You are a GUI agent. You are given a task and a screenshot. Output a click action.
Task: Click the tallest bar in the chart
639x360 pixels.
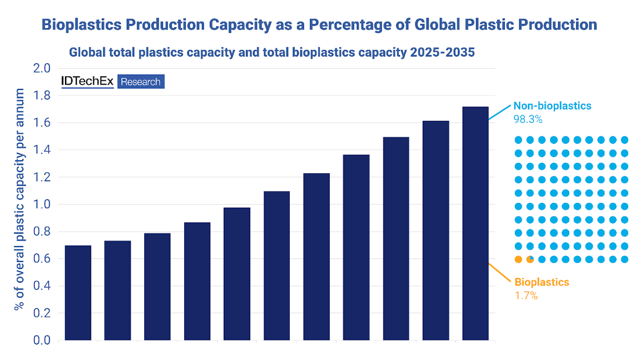(475, 223)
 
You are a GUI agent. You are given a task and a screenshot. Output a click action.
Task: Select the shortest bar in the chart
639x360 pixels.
(78, 292)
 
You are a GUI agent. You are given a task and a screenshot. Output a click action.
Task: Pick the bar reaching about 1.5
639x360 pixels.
(396, 238)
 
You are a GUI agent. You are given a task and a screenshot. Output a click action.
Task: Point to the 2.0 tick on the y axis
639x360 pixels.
(42, 69)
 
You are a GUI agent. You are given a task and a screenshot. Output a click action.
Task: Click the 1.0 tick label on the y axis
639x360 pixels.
(42, 204)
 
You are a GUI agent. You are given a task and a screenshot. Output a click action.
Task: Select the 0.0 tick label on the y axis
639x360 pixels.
(42, 340)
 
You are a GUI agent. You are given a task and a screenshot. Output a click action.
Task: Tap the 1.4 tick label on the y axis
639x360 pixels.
(42, 150)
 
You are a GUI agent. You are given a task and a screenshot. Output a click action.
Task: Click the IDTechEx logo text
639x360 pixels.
(88, 81)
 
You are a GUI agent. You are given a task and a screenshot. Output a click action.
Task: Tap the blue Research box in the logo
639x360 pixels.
(141, 81)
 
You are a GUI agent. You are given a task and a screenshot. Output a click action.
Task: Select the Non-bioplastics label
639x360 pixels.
(552, 106)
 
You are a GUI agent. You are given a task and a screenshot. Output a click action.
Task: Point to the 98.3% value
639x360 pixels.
(528, 120)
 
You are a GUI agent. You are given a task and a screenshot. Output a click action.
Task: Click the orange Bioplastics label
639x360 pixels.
(542, 282)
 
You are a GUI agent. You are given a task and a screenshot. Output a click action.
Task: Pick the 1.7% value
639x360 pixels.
(526, 296)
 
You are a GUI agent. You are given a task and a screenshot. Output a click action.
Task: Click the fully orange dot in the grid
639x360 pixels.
(518, 259)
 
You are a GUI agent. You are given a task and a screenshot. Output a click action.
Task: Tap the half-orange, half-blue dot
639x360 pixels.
(530, 259)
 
